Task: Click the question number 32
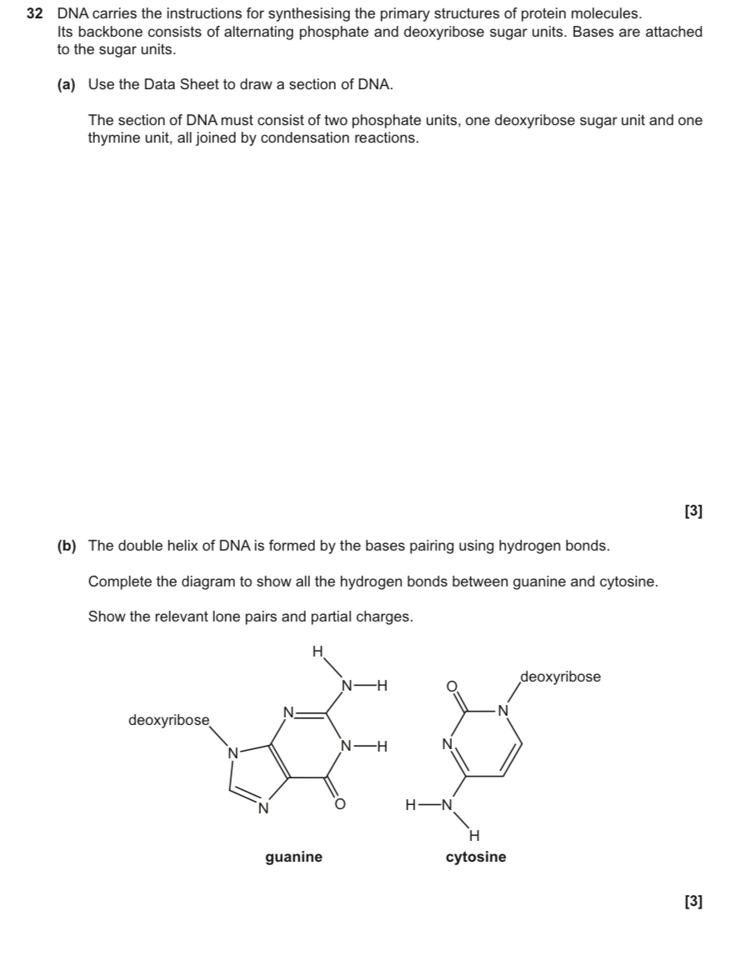pos(34,14)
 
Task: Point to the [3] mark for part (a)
pos(693,511)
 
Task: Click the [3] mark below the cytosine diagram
pos(693,901)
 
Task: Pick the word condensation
pos(310,138)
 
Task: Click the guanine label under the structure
pos(293,857)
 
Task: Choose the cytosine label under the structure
pos(476,857)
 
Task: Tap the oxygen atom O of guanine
pos(339,804)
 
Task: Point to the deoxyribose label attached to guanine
pos(168,719)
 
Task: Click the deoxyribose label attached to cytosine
pos(560,677)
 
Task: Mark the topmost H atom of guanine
pos(317,651)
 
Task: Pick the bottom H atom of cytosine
pos(474,834)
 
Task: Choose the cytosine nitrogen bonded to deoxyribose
pos(501,711)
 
